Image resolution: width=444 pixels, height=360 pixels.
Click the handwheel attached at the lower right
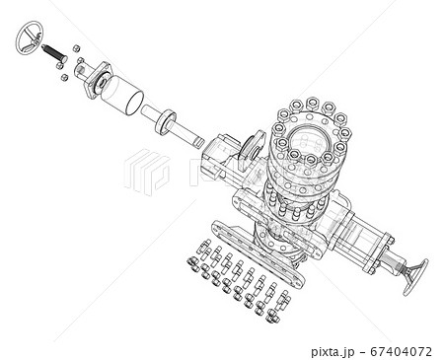coord(415,278)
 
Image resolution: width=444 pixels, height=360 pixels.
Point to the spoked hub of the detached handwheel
coord(31,39)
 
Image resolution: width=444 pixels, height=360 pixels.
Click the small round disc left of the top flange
coord(249,145)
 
